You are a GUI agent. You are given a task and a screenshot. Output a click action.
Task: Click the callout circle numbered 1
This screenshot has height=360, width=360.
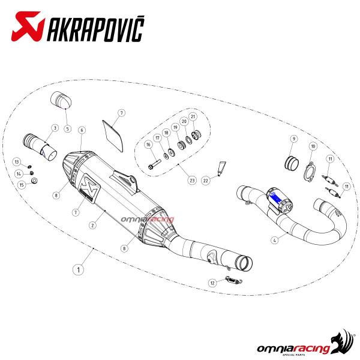point(78,269)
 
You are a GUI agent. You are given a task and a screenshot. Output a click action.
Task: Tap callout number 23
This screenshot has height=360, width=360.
point(192,181)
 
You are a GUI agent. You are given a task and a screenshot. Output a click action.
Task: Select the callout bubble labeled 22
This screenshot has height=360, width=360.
point(205,181)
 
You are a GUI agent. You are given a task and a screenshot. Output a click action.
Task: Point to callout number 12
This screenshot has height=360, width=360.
point(212,283)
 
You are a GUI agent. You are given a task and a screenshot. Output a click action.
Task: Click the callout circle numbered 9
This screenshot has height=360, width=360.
point(294,139)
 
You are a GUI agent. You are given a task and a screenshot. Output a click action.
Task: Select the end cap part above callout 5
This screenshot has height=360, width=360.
point(61,101)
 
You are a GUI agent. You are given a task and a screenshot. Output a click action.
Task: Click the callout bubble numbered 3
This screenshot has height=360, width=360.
point(55,128)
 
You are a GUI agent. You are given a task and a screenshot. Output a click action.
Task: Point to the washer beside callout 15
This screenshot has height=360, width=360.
point(34,181)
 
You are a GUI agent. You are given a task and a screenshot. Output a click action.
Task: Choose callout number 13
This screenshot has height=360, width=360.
point(17,162)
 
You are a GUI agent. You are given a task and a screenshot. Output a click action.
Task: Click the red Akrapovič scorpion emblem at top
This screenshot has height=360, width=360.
point(28,26)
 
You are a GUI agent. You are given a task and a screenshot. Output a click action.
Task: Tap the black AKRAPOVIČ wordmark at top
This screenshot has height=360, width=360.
point(95,29)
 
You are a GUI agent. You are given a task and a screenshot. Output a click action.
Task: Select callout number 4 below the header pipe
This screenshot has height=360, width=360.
point(274,241)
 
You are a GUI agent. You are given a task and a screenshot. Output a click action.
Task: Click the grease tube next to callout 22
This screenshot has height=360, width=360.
point(221,169)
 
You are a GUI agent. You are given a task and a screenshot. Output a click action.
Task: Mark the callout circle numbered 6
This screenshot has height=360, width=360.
point(82,130)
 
